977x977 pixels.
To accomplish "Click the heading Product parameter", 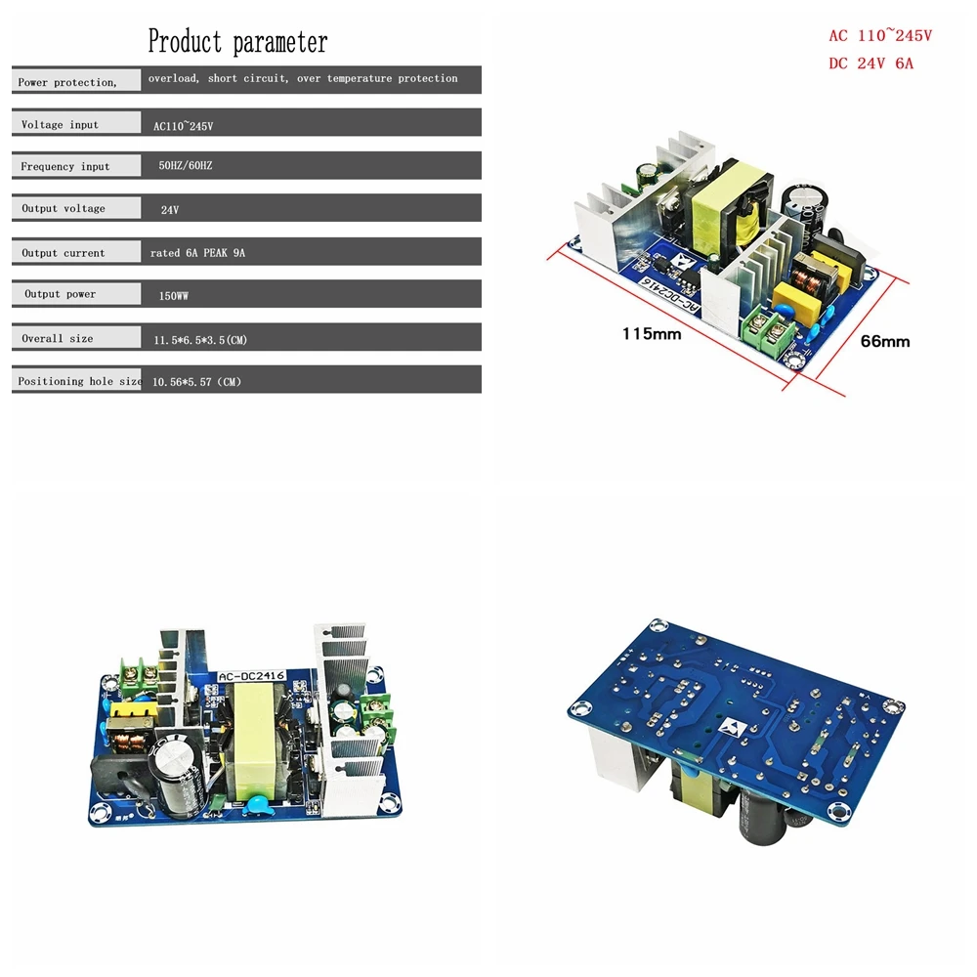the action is pyautogui.click(x=237, y=42).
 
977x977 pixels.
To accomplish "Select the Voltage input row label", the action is pyautogui.click(x=60, y=125).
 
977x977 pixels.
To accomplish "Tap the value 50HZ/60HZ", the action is pyautogui.click(x=185, y=166).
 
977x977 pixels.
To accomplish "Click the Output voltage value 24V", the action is pyautogui.click(x=169, y=210).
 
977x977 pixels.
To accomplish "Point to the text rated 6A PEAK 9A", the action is pyautogui.click(x=197, y=253).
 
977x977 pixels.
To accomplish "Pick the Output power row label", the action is pyautogui.click(x=61, y=294).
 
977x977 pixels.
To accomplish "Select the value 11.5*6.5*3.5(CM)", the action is pyautogui.click(x=200, y=340).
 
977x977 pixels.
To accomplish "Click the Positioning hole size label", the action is pyautogui.click(x=80, y=381).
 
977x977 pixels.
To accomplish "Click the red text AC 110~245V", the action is pyautogui.click(x=880, y=35).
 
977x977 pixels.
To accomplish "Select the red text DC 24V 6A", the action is pyautogui.click(x=871, y=64).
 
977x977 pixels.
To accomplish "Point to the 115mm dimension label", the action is pyautogui.click(x=651, y=334).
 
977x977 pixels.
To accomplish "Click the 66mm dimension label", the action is pyautogui.click(x=885, y=341).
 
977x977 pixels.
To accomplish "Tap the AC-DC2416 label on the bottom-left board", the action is pyautogui.click(x=252, y=676).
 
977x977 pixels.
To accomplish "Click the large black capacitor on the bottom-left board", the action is pyautogui.click(x=178, y=775).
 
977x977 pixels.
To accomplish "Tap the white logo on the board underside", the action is pyautogui.click(x=731, y=727).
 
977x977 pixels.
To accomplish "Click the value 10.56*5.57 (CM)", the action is pyautogui.click(x=196, y=382).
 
